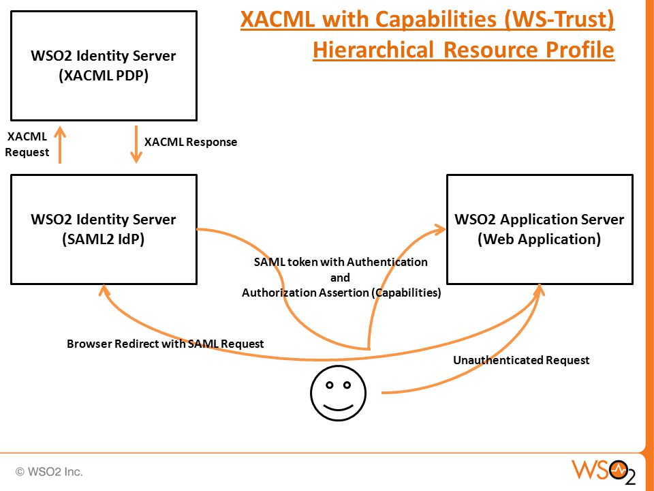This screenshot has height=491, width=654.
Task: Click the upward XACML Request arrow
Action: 60,145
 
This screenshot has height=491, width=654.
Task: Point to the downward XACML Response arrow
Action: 136,145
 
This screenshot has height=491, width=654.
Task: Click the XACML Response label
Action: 191,142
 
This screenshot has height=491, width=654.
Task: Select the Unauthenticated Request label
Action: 521,360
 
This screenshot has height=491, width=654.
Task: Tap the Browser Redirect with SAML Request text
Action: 165,344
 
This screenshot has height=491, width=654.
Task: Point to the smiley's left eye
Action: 330,385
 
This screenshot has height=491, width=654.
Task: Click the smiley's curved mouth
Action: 339,406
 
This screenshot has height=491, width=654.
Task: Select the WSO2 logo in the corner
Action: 604,472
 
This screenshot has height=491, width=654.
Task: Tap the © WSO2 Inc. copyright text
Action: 49,472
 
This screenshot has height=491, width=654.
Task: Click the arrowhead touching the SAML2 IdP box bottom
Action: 104,291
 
